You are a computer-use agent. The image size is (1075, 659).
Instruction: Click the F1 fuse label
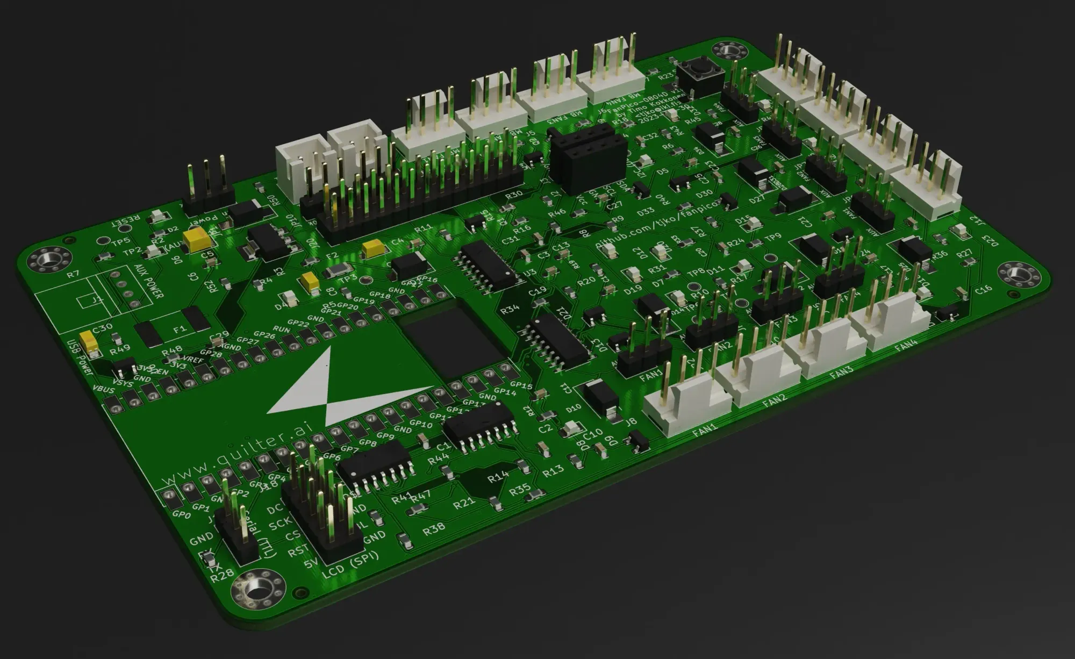pyautogui.click(x=180, y=329)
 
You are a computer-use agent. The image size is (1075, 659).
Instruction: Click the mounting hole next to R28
pyautogui.click(x=257, y=589)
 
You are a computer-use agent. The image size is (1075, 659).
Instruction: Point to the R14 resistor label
pyautogui.click(x=498, y=476)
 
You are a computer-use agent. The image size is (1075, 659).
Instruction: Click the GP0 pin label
pyautogui.click(x=182, y=515)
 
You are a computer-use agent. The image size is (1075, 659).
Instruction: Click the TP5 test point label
pyautogui.click(x=119, y=241)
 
